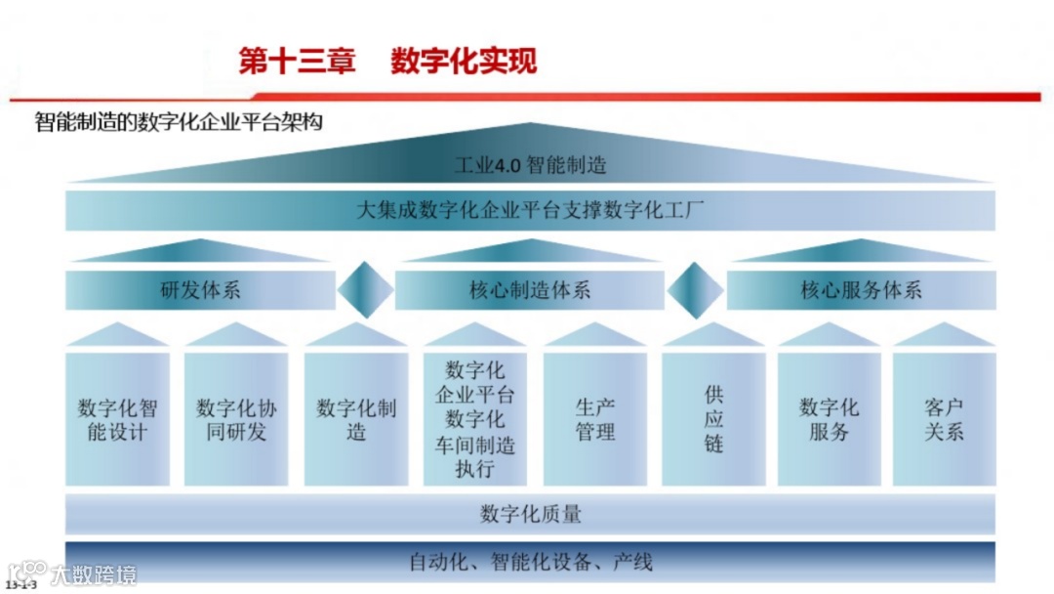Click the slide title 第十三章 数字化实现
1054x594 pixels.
387,61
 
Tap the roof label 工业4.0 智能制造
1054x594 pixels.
530,164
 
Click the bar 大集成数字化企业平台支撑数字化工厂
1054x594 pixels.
530,210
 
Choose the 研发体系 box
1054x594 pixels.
200,290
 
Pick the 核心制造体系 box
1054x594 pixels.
530,290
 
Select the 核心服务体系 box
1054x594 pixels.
861,290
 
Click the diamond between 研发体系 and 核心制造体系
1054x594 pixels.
366,290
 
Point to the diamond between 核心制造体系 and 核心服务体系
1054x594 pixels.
695,290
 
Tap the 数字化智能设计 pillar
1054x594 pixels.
117,419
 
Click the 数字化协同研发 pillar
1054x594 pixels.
236,419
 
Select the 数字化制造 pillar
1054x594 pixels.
356,419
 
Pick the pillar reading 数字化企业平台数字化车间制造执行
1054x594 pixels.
475,419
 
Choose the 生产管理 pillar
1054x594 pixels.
595,419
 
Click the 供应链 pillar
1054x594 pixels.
713,419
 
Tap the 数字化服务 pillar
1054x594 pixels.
829,419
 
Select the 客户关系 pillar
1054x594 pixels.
944,419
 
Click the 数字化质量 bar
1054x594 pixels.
530,513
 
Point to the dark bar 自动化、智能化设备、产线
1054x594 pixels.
530,562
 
